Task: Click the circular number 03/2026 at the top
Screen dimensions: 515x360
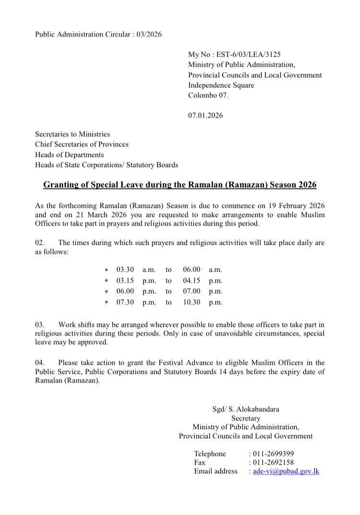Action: coord(147,34)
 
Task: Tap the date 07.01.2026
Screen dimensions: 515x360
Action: coord(206,115)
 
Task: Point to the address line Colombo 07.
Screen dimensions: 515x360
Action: coord(208,95)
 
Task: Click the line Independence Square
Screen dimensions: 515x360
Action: coord(221,85)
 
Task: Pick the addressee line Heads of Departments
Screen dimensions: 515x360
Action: coord(69,155)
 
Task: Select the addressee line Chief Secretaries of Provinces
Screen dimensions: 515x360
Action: coord(82,144)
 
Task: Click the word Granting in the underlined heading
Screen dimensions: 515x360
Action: coord(60,185)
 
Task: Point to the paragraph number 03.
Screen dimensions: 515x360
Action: coord(40,325)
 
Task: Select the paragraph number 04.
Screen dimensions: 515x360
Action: coord(40,362)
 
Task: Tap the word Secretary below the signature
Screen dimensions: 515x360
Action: coord(245,419)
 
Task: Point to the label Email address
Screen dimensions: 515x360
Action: coord(216,471)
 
